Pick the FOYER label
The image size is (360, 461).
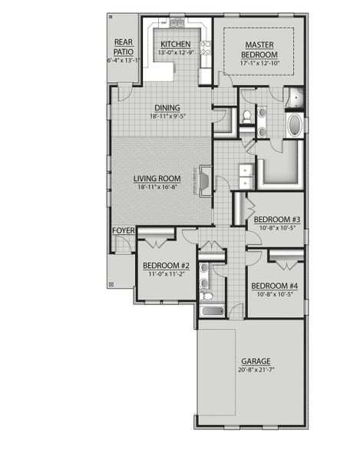(123, 230)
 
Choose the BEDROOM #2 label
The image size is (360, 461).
(166, 265)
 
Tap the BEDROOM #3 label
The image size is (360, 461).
(276, 219)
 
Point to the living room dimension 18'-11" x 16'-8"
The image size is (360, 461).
(158, 187)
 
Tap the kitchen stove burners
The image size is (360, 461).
(206, 49)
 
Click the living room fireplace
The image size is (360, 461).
(206, 180)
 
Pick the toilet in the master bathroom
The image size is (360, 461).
(247, 116)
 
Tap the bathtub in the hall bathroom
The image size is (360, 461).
(211, 310)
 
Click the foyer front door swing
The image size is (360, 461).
(121, 244)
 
